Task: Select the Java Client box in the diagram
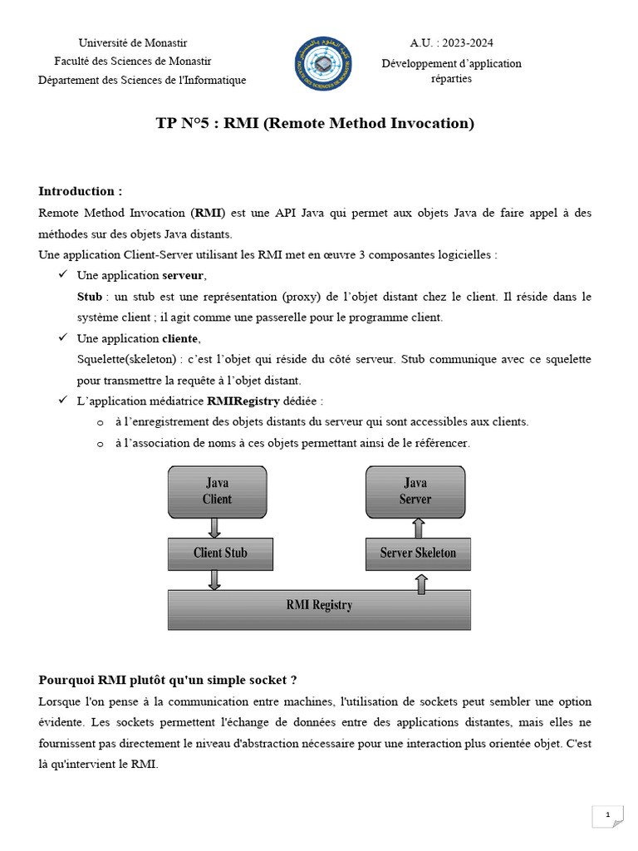pyautogui.click(x=218, y=491)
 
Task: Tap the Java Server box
pyautogui.click(x=415, y=491)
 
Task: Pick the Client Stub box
pyautogui.click(x=220, y=553)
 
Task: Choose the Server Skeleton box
pyautogui.click(x=418, y=553)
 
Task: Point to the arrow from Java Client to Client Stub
pyautogui.click(x=214, y=527)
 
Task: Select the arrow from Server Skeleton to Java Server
pyautogui.click(x=419, y=527)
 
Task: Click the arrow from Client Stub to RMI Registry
pyautogui.click(x=214, y=579)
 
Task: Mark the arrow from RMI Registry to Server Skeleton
pyautogui.click(x=422, y=583)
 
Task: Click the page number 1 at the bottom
pyautogui.click(x=608, y=816)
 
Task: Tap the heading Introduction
pyautogui.click(x=81, y=191)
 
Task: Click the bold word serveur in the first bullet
pyautogui.click(x=183, y=275)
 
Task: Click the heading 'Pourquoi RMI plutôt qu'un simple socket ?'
pyautogui.click(x=168, y=680)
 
